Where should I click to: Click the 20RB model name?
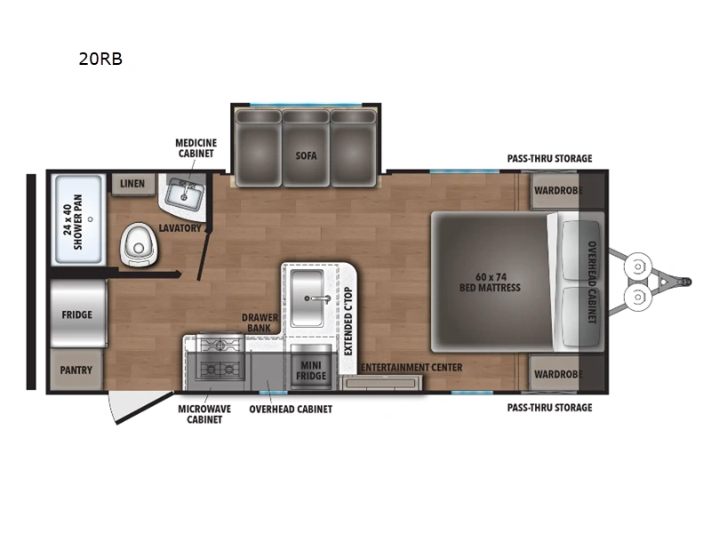coord(100,59)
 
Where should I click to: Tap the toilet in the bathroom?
coord(140,245)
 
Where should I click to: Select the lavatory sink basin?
coord(185,194)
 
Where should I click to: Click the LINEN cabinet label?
coord(132,184)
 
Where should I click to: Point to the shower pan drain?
coord(91,219)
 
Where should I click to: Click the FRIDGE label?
coord(77,314)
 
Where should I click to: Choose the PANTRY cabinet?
coord(76,370)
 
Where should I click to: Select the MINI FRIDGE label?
coord(311,370)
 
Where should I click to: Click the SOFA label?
coord(306,156)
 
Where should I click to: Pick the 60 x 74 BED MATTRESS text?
coord(491,282)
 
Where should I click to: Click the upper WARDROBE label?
coord(558,190)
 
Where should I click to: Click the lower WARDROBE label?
coord(558,374)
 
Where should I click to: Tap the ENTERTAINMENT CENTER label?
coord(411,368)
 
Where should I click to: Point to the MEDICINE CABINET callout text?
coord(196,148)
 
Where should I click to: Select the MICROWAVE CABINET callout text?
coord(204,414)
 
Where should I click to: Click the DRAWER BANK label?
coord(260,322)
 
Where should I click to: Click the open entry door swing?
coord(136,406)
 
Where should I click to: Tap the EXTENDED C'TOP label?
coord(348,322)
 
